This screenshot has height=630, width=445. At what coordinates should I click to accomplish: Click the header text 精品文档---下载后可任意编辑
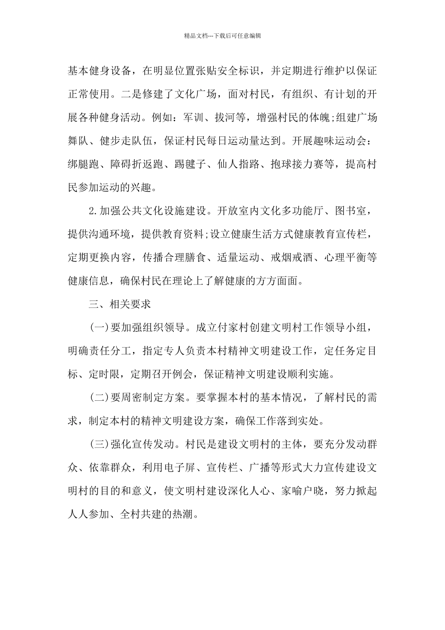(222, 35)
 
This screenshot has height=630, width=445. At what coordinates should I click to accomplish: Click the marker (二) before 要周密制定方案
(99, 398)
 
